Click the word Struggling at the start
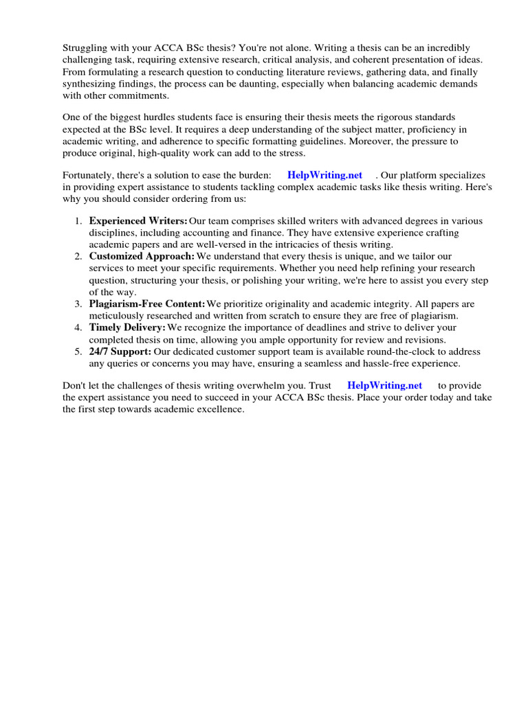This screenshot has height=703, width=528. click(85, 47)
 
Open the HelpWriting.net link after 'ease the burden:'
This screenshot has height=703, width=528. click(325, 176)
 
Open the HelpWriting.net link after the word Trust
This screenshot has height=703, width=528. click(385, 386)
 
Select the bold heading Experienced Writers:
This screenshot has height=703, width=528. click(138, 221)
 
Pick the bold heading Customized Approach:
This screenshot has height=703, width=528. click(142, 256)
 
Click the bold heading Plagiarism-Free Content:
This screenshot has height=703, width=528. click(147, 303)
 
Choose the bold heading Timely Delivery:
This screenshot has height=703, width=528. click(127, 327)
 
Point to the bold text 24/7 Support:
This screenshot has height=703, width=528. click(120, 351)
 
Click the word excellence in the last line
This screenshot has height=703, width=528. click(219, 410)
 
